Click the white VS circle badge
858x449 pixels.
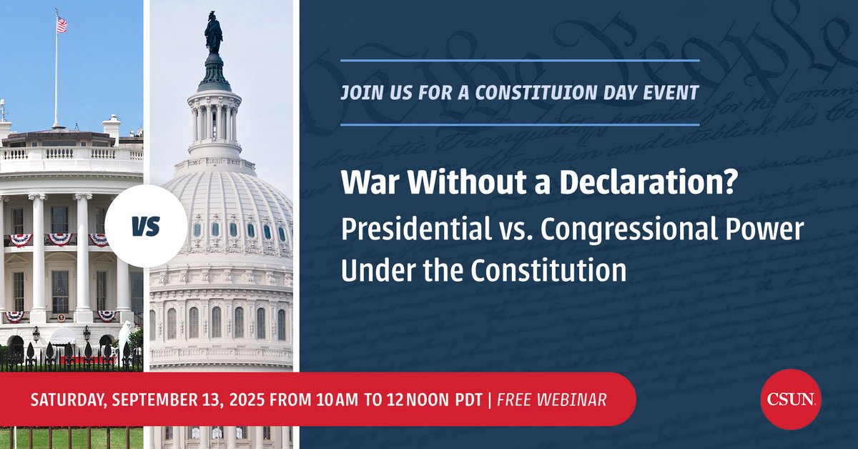pos(145,227)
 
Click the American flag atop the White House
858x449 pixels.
pos(61,25)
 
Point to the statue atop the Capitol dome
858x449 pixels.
pos(213,32)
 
